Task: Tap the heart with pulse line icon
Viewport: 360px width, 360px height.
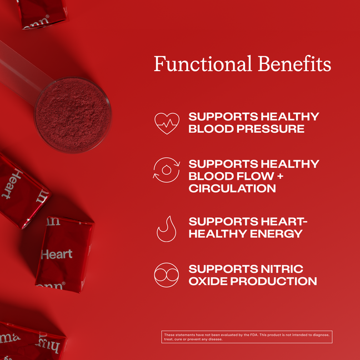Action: [167, 123]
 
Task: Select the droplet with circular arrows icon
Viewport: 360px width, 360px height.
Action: [167, 169]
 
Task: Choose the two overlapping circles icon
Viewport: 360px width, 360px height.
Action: [167, 276]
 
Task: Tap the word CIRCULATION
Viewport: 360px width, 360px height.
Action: [232, 188]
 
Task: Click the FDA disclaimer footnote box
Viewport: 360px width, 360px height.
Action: [247, 337]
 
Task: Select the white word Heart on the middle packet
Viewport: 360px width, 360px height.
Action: [57, 254]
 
